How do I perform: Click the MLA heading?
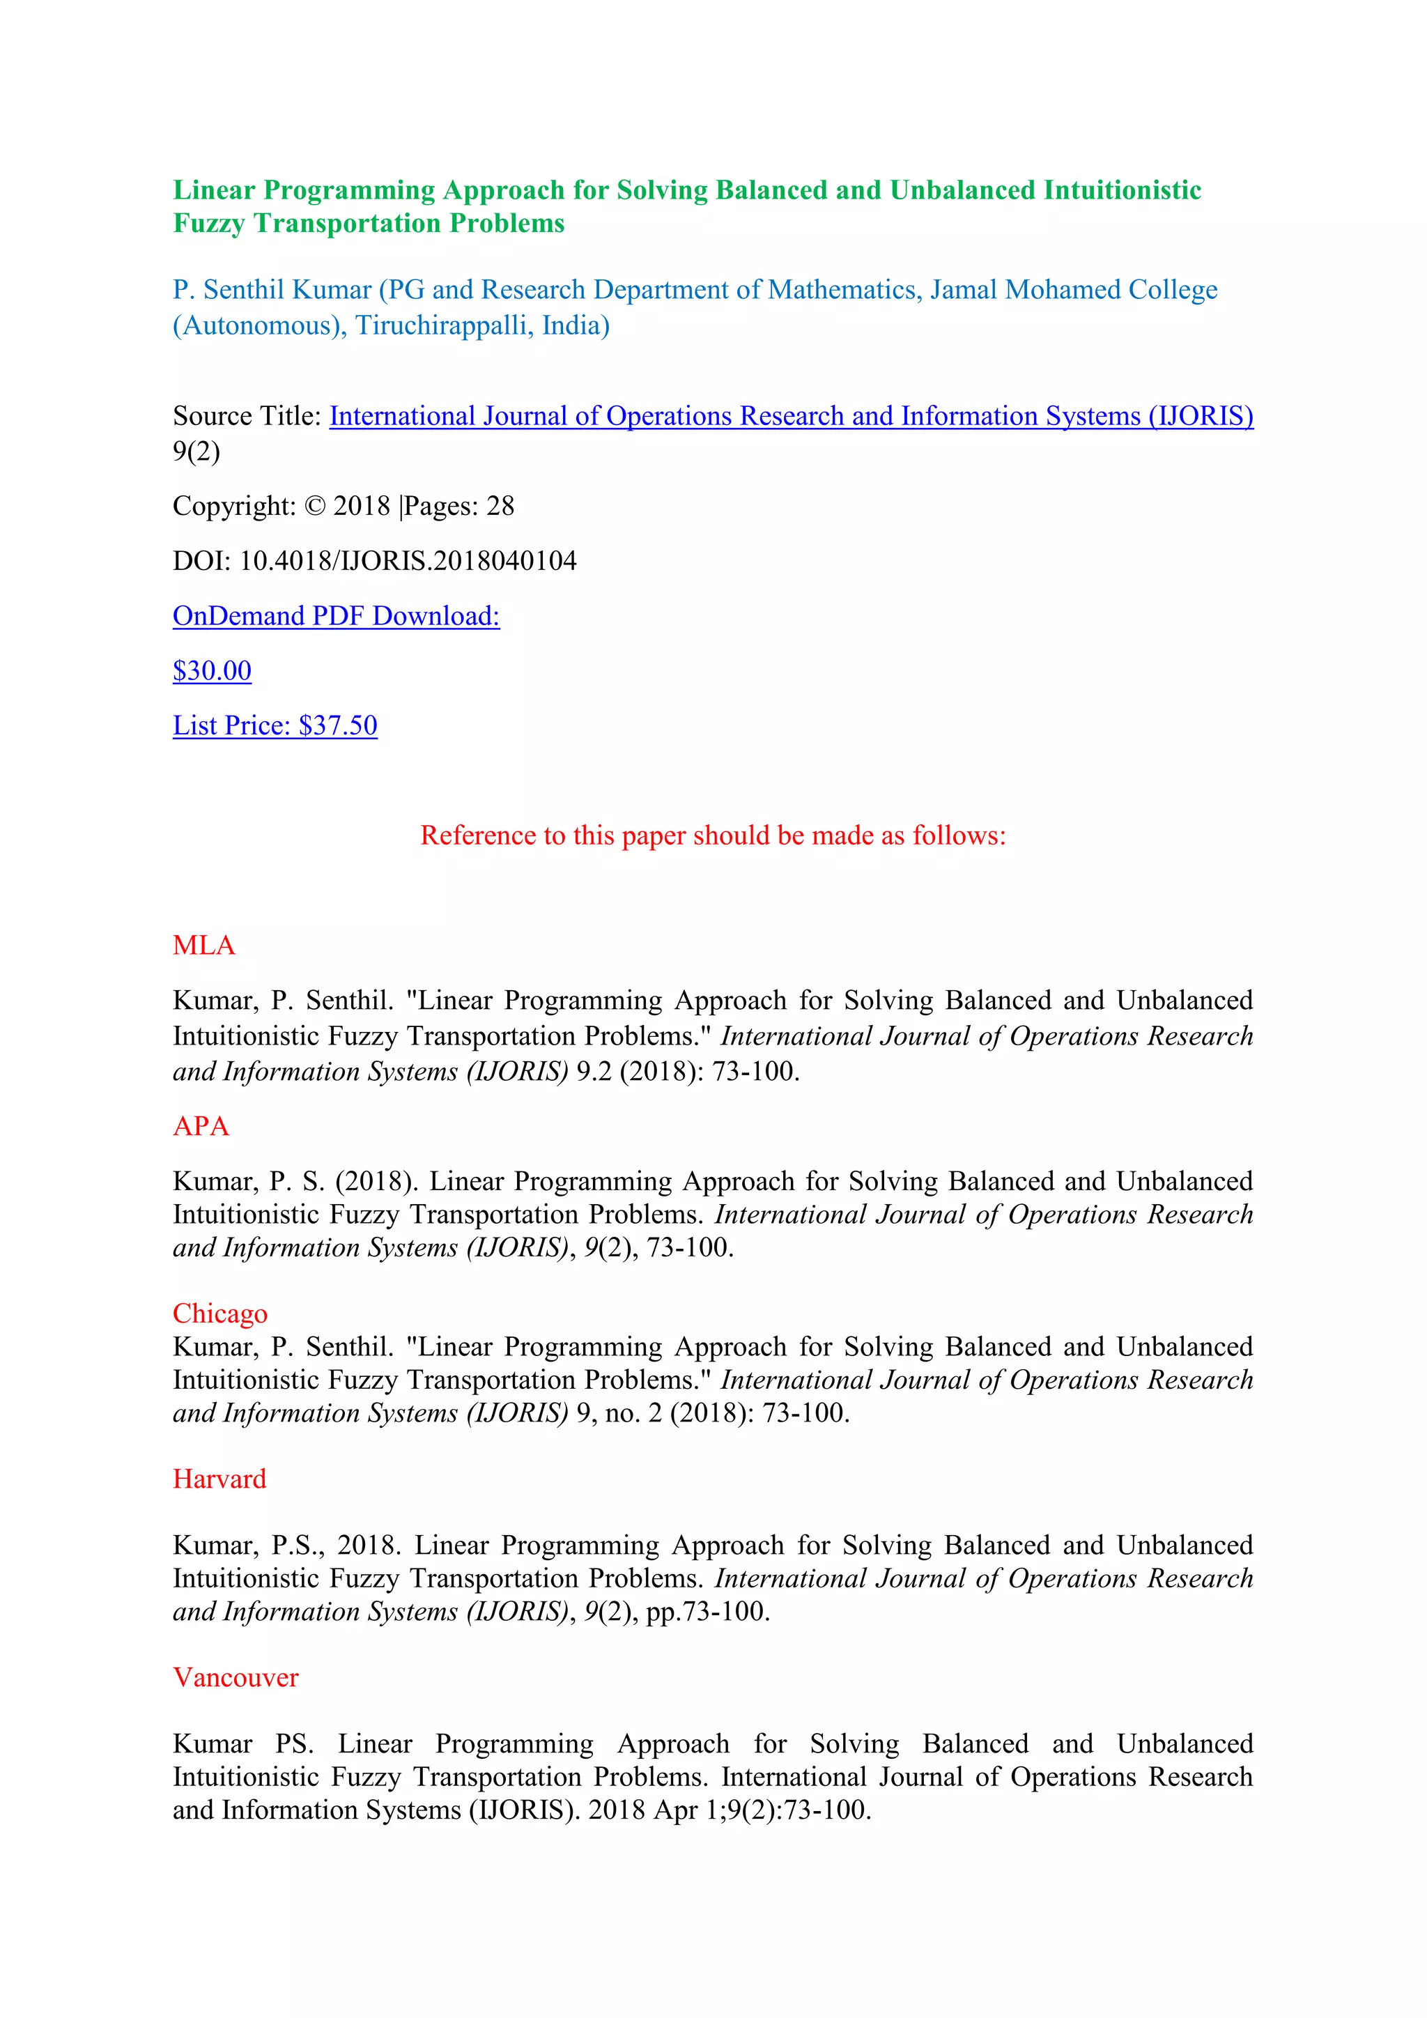click(x=204, y=946)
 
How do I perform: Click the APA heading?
click(x=201, y=1127)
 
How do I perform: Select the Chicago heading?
click(x=219, y=1313)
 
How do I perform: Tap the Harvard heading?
click(x=219, y=1479)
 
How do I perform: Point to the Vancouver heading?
click(x=236, y=1678)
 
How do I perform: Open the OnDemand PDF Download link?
click(x=336, y=616)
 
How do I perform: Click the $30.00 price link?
click(x=212, y=670)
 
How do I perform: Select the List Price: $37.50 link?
click(x=275, y=726)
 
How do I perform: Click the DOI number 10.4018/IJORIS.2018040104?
click(x=408, y=561)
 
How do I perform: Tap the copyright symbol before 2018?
click(x=314, y=507)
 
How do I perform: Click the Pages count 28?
click(x=500, y=507)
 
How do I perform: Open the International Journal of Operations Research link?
click(x=791, y=416)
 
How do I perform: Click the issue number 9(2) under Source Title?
click(x=196, y=452)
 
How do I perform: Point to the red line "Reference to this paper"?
click(x=713, y=835)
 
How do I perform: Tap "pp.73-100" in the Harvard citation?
click(x=707, y=1612)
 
